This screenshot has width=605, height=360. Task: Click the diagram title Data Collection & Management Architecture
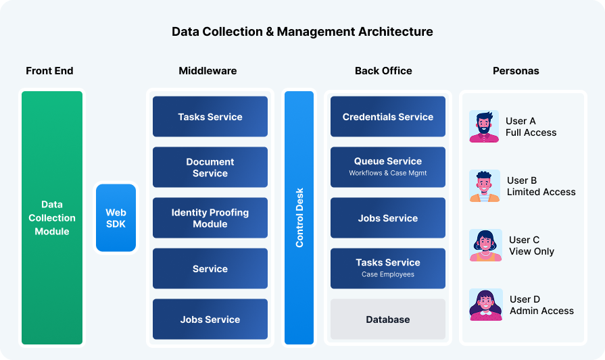point(302,32)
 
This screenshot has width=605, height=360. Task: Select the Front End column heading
point(49,71)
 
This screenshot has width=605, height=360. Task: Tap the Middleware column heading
point(208,71)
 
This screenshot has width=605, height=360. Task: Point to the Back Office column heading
point(383,71)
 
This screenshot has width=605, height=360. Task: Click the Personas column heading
point(516,71)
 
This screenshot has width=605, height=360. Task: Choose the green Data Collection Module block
point(52,217)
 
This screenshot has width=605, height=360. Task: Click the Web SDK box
point(116,217)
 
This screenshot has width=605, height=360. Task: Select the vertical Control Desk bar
point(299,217)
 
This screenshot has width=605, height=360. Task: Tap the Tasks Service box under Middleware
point(210,117)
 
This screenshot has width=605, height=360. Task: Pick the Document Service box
point(210,168)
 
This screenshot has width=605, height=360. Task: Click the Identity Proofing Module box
point(210,218)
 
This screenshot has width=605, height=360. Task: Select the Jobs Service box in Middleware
point(210,319)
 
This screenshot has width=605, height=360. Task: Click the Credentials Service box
point(388,117)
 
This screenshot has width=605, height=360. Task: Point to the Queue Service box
point(388,167)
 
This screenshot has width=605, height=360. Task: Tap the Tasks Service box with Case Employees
point(388,268)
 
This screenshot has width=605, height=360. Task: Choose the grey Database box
point(388,319)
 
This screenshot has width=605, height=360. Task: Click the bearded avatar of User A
point(484,126)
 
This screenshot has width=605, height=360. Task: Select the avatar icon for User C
point(485,245)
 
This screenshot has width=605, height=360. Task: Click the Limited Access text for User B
point(541,192)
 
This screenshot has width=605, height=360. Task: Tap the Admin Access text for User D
point(541,311)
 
